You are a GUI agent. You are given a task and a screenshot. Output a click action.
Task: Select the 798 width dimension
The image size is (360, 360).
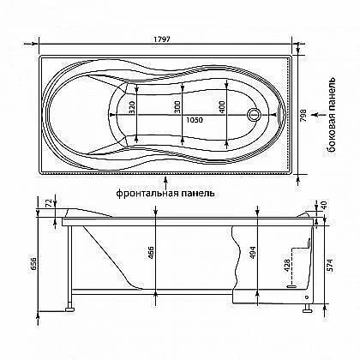(x=304, y=116)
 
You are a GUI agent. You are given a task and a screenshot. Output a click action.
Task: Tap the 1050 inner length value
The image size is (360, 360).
(x=195, y=120)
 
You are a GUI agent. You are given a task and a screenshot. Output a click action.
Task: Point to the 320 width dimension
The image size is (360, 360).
(x=132, y=107)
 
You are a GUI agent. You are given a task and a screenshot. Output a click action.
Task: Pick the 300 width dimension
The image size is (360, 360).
(x=177, y=107)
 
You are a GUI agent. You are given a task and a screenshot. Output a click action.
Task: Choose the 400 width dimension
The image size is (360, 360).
(x=223, y=107)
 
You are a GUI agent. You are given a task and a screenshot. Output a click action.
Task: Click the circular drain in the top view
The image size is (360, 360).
(x=253, y=115)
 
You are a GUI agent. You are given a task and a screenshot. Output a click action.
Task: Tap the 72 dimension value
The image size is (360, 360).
(x=49, y=202)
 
